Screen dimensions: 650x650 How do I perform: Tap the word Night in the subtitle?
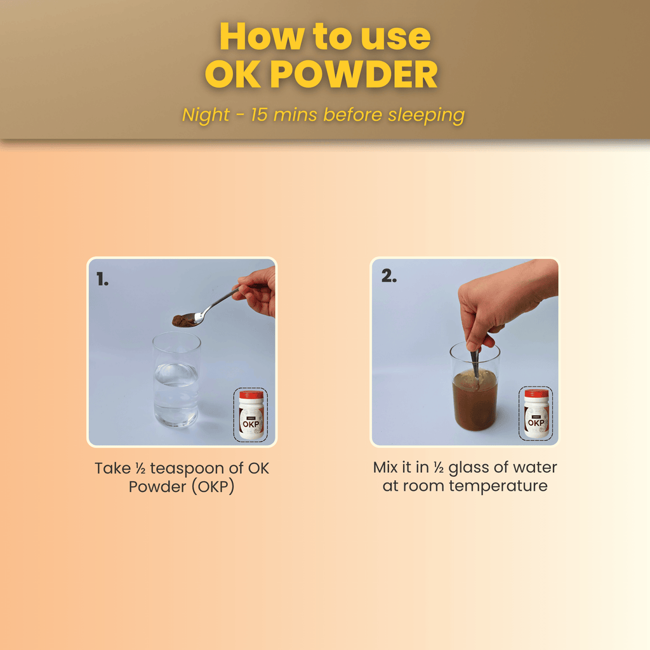(206, 115)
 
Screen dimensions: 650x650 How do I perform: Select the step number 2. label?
(388, 277)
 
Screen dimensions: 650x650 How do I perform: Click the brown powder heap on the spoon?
(185, 320)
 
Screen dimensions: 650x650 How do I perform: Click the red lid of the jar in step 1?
(251, 395)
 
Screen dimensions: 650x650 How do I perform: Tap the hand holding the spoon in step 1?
(259, 291)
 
